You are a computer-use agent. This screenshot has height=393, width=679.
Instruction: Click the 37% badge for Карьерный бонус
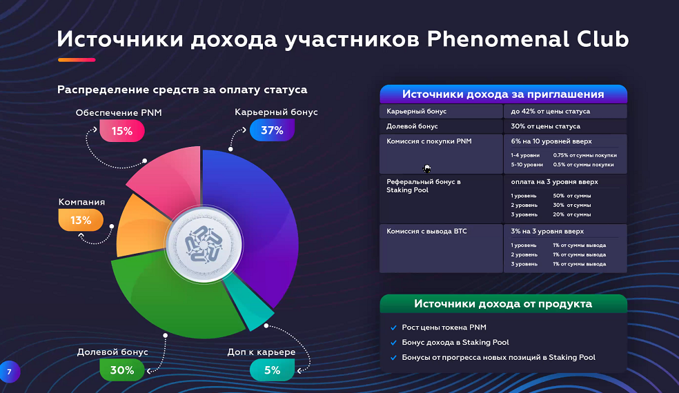click(272, 130)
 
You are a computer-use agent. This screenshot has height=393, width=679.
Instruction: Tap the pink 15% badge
click(122, 131)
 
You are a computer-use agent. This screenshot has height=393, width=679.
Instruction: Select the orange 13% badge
click(81, 220)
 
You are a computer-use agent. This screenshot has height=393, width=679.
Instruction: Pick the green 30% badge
click(122, 370)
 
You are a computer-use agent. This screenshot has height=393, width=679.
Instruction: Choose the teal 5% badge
click(272, 370)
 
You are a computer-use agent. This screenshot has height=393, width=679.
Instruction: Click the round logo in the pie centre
click(204, 244)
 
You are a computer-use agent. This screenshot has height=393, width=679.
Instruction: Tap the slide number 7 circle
click(9, 372)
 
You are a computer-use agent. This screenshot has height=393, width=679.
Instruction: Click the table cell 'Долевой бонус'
click(412, 126)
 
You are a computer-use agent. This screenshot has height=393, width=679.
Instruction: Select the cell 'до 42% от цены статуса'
click(551, 111)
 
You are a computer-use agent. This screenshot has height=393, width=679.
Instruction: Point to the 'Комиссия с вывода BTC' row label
click(426, 231)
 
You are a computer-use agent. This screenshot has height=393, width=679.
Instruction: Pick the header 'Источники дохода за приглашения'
click(503, 94)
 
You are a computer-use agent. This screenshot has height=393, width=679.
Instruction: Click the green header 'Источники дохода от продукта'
click(503, 303)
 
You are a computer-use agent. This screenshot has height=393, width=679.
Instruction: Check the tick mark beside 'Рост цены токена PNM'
click(393, 327)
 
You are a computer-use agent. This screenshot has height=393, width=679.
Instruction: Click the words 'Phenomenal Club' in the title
click(527, 39)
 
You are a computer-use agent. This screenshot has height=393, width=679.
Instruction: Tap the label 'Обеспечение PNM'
click(119, 112)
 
